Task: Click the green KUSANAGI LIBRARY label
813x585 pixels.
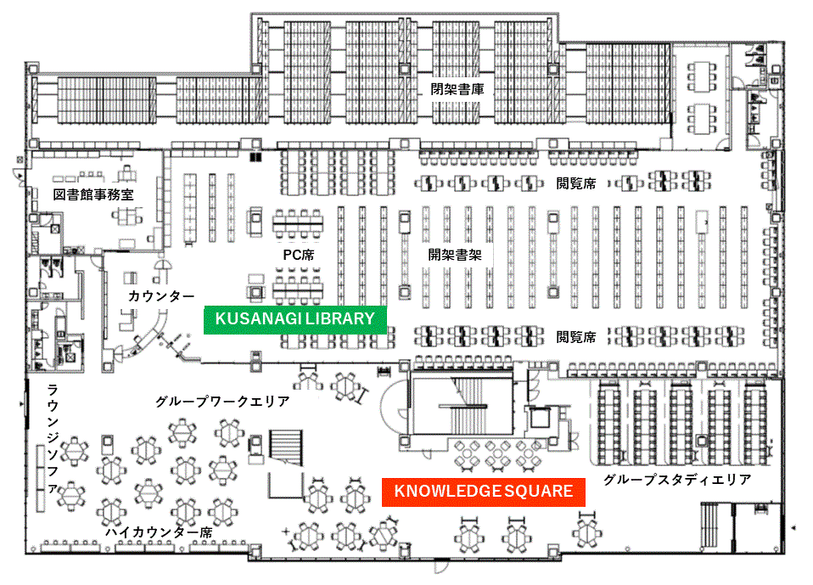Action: point(294,318)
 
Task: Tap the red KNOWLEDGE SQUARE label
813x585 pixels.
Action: point(483,491)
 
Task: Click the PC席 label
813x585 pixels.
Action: point(298,255)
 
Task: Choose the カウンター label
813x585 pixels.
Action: point(161,296)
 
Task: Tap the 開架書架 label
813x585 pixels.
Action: point(455,255)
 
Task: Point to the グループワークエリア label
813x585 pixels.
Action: point(222,401)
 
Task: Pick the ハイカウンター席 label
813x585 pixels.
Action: point(159,532)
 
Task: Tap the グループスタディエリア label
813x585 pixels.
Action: point(677,480)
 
